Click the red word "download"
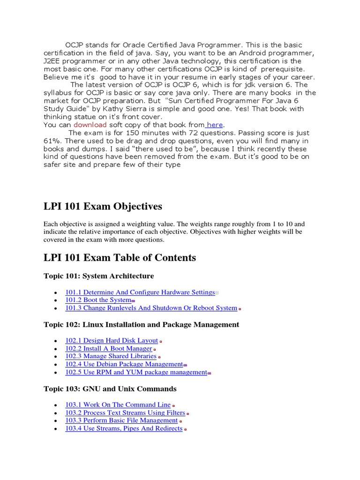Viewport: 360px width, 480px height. pyautogui.click(x=90, y=125)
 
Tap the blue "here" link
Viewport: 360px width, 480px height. pyautogui.click(x=215, y=125)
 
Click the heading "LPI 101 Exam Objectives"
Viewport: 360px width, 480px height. pyautogui.click(x=103, y=206)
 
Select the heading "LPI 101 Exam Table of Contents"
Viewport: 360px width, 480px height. pyautogui.click(x=120, y=257)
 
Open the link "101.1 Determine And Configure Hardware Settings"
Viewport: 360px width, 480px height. pyautogui.click(x=140, y=292)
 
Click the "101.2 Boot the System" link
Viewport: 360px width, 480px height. pyautogui.click(x=98, y=300)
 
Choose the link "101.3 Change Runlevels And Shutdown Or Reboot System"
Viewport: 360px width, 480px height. pyautogui.click(x=151, y=308)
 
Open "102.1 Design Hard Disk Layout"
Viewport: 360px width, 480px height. pyautogui.click(x=111, y=340)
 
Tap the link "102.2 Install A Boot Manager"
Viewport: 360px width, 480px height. pyautogui.click(x=108, y=348)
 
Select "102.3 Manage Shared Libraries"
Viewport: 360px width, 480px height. pyautogui.click(x=111, y=356)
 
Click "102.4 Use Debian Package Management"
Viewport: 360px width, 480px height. pyautogui.click(x=124, y=364)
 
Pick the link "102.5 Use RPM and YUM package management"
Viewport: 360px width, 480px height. pyautogui.click(x=136, y=372)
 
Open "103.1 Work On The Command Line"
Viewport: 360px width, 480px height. pyautogui.click(x=117, y=405)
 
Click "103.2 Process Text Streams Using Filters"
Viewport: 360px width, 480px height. pyautogui.click(x=125, y=412)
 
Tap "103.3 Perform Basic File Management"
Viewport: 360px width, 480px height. pyautogui.click(x=121, y=420)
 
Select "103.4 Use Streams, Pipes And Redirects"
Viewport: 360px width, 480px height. pyautogui.click(x=124, y=428)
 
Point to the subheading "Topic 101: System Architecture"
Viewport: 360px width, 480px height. pyautogui.click(x=98, y=276)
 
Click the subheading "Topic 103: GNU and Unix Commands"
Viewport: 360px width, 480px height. pyautogui.click(x=110, y=389)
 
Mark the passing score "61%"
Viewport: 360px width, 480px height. pyautogui.click(x=52, y=141)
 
